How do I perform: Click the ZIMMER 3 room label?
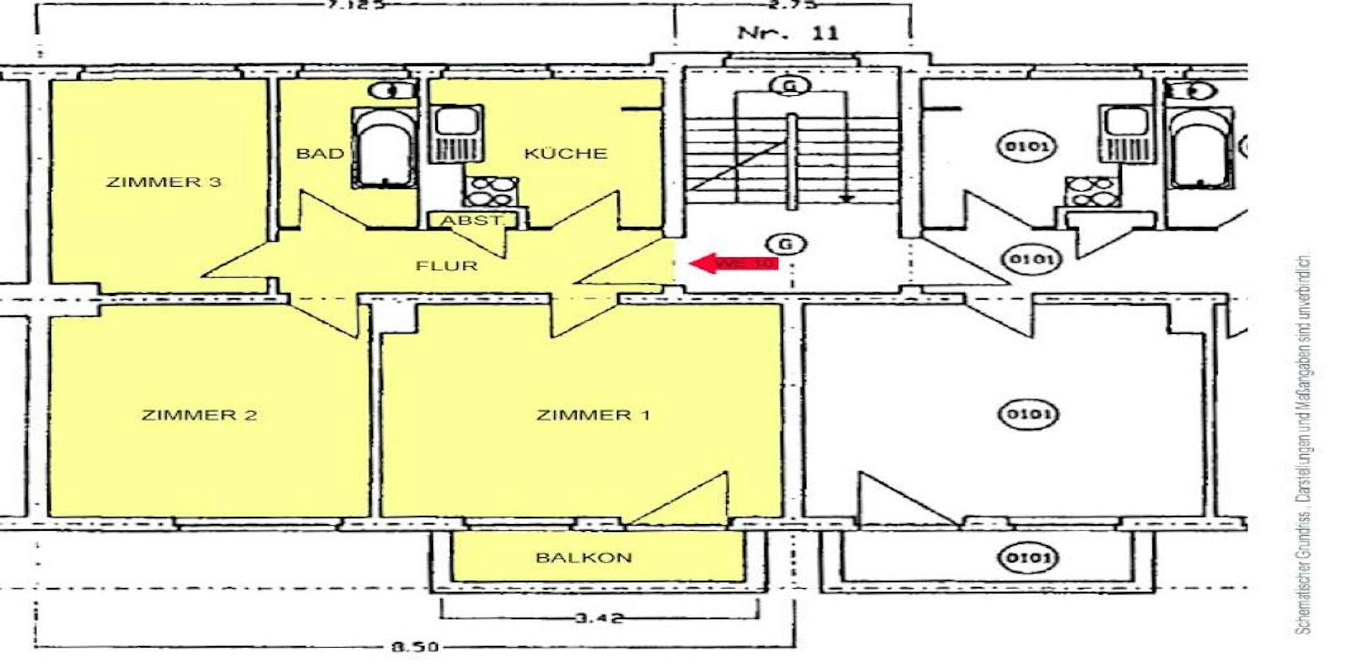coord(164,182)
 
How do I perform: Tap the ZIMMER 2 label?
coord(199,415)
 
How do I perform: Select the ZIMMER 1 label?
coord(592,415)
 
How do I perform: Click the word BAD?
coord(320,154)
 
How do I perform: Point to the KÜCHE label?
coord(565,154)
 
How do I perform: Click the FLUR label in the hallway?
coord(447,266)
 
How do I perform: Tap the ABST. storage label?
coord(472,220)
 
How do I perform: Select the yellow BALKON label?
coord(584,558)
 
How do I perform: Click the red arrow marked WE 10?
coord(732,263)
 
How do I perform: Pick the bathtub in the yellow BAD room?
coord(385,149)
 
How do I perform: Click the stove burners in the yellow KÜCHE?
coord(491,191)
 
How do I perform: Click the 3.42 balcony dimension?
coord(598,619)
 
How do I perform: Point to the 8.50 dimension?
coord(414,647)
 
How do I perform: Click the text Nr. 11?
coord(788,32)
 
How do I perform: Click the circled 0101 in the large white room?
coord(1029,415)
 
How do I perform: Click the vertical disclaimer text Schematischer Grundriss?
coord(1304,446)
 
